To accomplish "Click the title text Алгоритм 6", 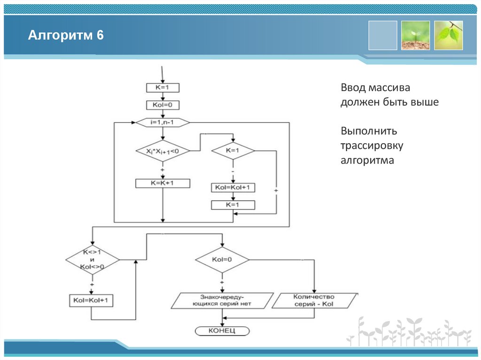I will (x=65, y=36).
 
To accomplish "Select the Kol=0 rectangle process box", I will (x=163, y=105).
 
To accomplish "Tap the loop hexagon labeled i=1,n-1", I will (x=163, y=123).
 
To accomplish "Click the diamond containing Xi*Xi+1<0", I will (x=162, y=151).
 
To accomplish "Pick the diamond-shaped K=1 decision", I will (x=233, y=151).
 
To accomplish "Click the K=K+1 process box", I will (x=163, y=184).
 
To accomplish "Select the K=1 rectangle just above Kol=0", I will (x=163, y=88).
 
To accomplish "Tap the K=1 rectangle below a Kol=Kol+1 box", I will (x=233, y=205).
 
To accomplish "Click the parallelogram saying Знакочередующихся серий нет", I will (x=222, y=300).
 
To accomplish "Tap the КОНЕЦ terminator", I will (x=222, y=331).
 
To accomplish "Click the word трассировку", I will (x=372, y=146).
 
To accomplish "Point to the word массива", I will (x=389, y=88).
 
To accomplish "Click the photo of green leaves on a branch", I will (x=449, y=35).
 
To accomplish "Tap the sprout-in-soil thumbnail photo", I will (x=416, y=35).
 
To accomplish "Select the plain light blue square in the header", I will (x=383, y=35).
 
